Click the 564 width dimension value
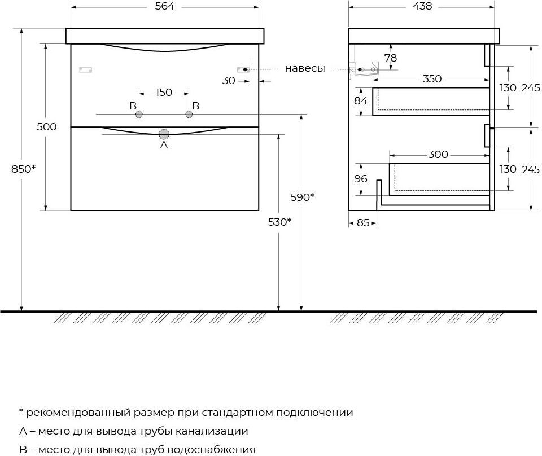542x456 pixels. (164, 6)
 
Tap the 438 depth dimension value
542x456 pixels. (422, 6)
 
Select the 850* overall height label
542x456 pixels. (23, 169)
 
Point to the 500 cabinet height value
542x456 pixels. (47, 127)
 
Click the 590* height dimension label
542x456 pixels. (302, 198)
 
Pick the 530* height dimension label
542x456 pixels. (279, 222)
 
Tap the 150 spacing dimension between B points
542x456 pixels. (164, 93)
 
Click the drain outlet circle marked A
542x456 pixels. (164, 134)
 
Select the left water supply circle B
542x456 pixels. (139, 115)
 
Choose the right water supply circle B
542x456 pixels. (189, 115)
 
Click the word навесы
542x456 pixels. (305, 69)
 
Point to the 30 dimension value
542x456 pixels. (229, 81)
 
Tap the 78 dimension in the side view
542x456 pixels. (391, 58)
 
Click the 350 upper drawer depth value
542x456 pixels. (432, 79)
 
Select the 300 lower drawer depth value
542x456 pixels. (438, 154)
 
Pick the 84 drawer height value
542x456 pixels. (361, 101)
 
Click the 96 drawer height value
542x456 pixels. (361, 178)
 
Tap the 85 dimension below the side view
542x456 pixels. (363, 223)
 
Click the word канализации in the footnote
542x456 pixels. (212, 431)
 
